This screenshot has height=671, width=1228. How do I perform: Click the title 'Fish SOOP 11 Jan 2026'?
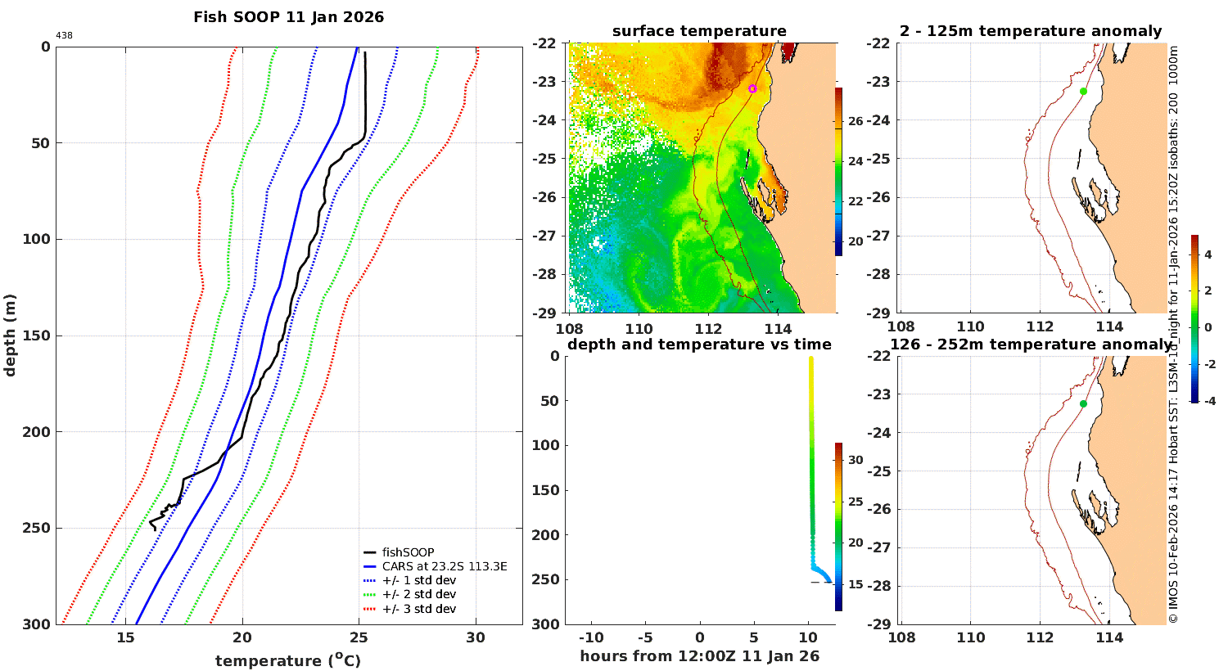[x=288, y=17]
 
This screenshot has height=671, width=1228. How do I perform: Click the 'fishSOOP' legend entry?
[x=408, y=552]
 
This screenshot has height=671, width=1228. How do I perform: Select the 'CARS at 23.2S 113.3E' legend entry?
[x=445, y=566]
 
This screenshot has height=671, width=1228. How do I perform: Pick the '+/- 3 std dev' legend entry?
[x=419, y=609]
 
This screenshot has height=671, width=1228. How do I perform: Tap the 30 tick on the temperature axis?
[x=476, y=638]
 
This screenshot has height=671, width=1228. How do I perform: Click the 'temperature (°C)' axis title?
[x=288, y=660]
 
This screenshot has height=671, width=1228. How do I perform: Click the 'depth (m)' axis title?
[x=9, y=335]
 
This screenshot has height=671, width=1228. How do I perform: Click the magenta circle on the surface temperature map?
[x=752, y=88]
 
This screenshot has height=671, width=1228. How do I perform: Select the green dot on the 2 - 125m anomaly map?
[x=1083, y=92]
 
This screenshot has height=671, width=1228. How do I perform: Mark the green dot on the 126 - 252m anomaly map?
[x=1083, y=403]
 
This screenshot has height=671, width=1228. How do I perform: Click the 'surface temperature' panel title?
[x=699, y=31]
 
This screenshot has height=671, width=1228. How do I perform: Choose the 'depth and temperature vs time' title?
[x=699, y=344]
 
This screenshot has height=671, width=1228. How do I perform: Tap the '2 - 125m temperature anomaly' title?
[x=1031, y=31]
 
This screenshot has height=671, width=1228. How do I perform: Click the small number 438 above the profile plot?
[x=64, y=36]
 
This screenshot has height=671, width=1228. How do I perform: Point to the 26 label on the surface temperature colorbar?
[x=856, y=121]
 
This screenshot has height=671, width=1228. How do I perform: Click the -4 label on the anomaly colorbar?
[x=1209, y=401]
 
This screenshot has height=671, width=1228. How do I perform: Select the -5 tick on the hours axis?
[x=645, y=637]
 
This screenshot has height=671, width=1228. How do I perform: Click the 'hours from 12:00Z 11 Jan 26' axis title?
[x=699, y=655]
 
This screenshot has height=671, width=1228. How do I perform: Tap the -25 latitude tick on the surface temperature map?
[x=544, y=159]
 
